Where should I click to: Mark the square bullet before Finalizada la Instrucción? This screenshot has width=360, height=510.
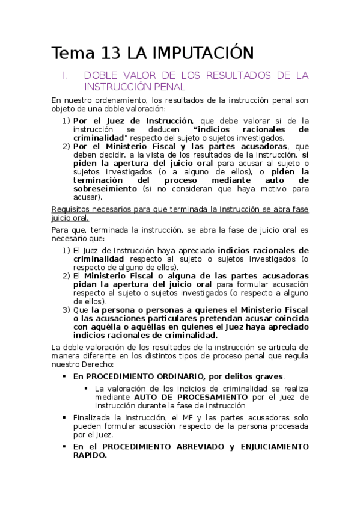65,417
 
